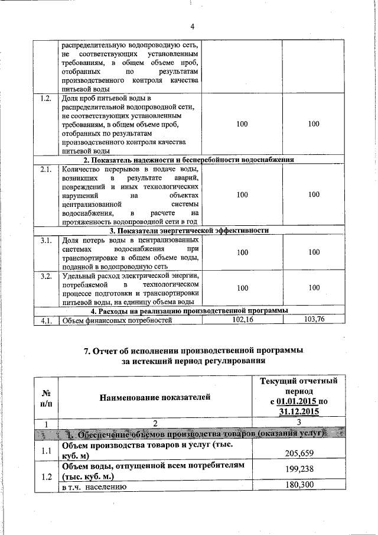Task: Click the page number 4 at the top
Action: [193, 26]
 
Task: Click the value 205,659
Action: [302, 453]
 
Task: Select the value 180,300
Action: [302, 486]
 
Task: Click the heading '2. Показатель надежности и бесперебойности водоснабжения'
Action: [188, 160]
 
